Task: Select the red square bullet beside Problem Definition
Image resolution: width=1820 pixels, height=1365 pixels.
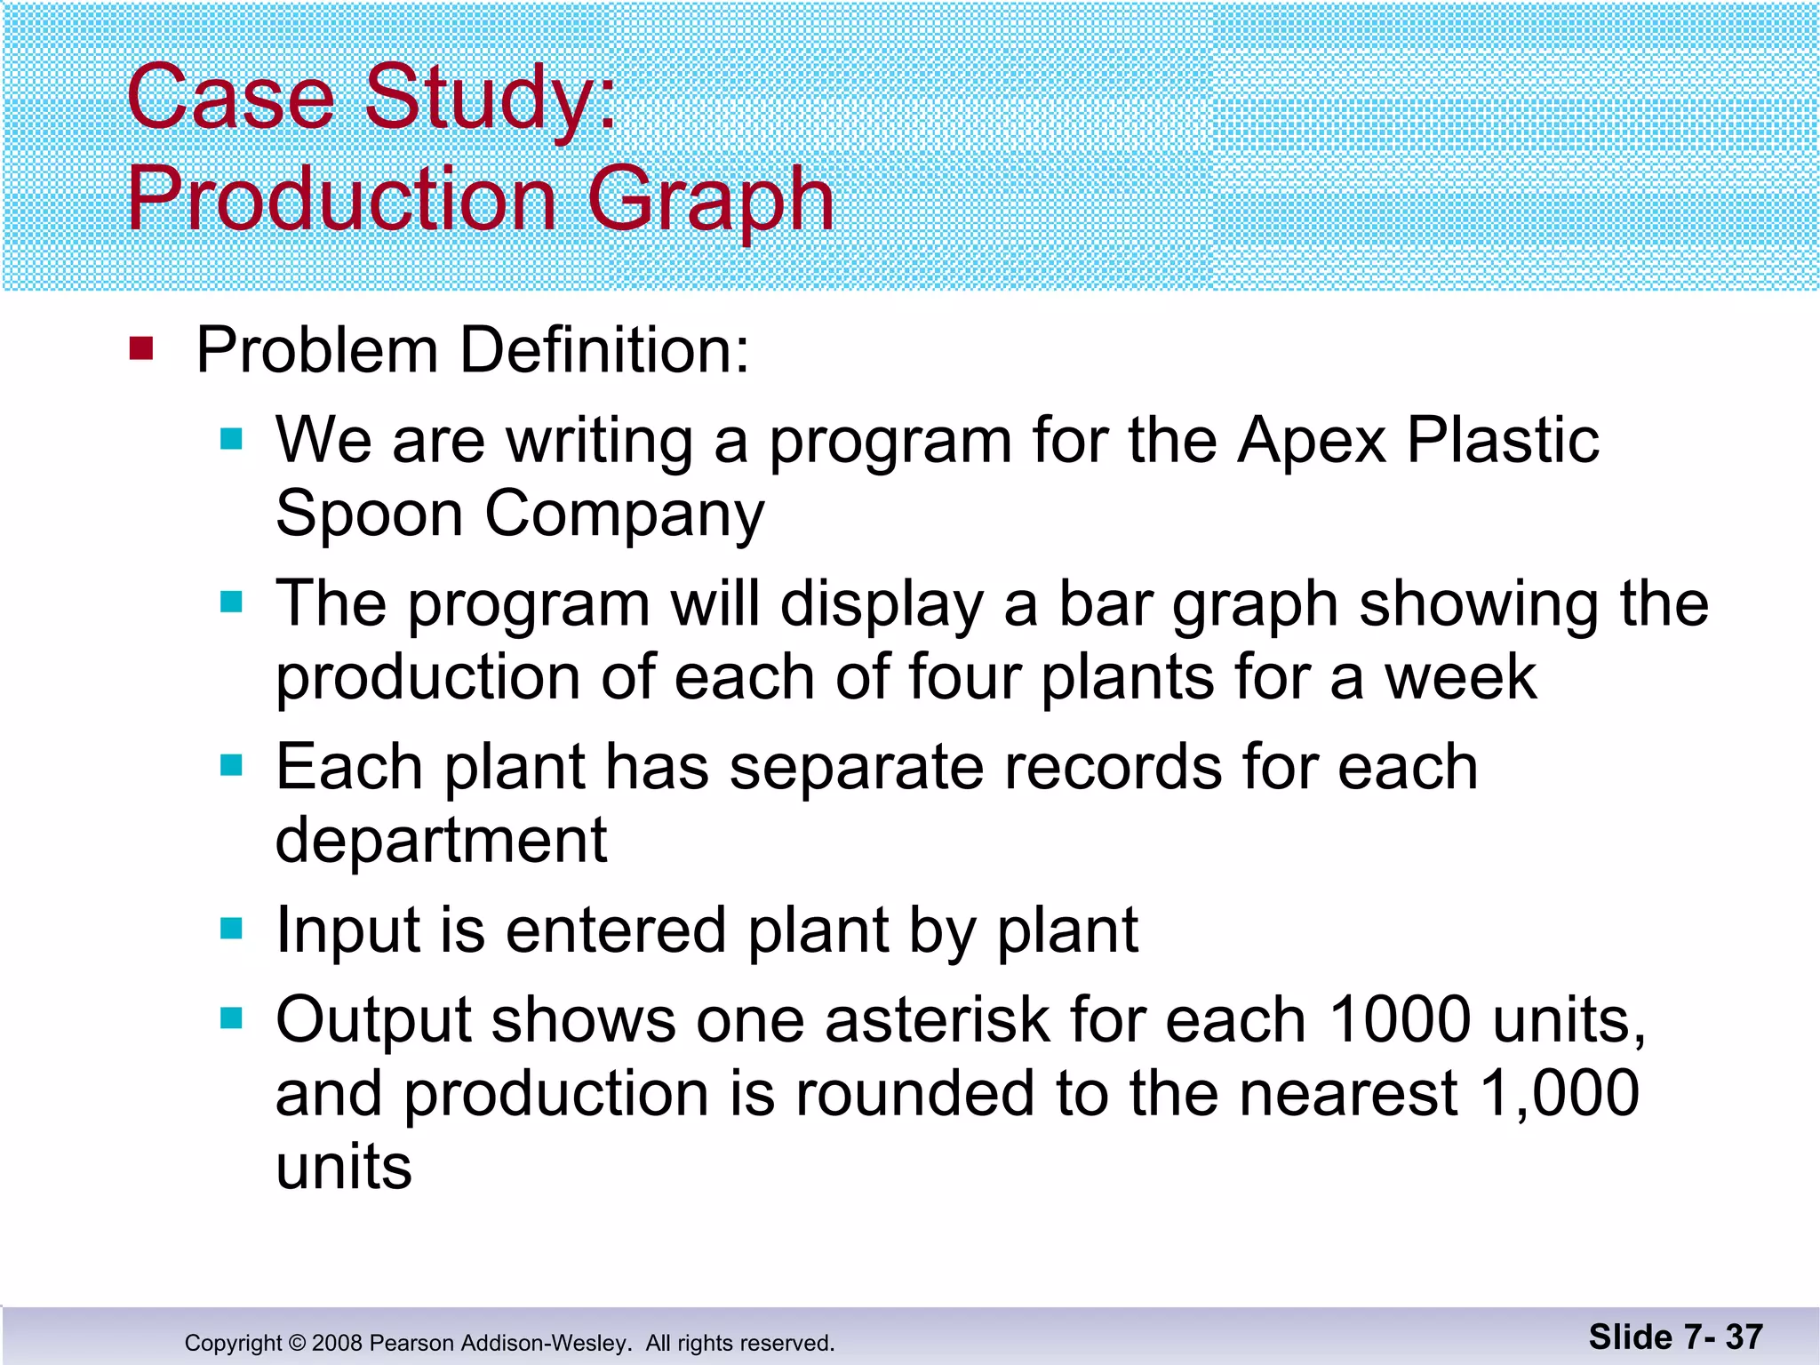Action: tap(141, 347)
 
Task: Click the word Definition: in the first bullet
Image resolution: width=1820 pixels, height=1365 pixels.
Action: tap(604, 350)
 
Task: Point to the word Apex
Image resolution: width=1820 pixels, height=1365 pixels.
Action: tap(1312, 442)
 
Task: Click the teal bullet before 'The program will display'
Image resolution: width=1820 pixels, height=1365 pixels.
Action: tap(231, 603)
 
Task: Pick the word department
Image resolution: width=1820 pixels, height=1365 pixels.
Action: tap(441, 841)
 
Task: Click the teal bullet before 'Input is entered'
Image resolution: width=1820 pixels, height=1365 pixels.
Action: tap(231, 930)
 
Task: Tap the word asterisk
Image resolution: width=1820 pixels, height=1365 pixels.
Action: tap(937, 1020)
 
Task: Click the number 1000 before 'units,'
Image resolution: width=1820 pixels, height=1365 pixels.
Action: tap(1400, 1020)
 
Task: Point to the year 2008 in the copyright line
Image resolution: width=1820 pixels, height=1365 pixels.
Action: tap(337, 1343)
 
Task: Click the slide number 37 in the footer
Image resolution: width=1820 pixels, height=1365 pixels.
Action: tap(1744, 1337)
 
